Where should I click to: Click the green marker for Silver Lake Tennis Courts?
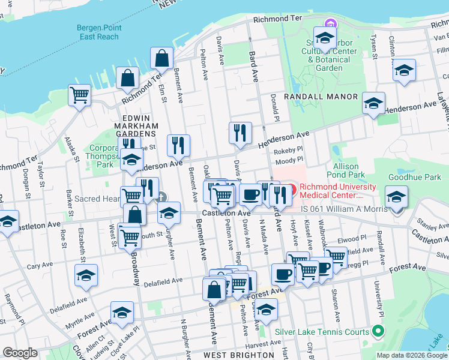[378, 331]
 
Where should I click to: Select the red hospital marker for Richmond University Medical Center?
[291, 191]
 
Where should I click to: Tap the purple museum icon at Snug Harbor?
[329, 25]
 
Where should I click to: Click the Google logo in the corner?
[20, 353]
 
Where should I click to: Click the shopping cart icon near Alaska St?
[79, 95]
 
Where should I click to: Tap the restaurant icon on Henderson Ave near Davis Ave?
[240, 133]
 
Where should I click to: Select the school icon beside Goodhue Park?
[396, 197]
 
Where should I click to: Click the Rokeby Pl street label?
[288, 152]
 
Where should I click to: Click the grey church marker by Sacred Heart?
[161, 196]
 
